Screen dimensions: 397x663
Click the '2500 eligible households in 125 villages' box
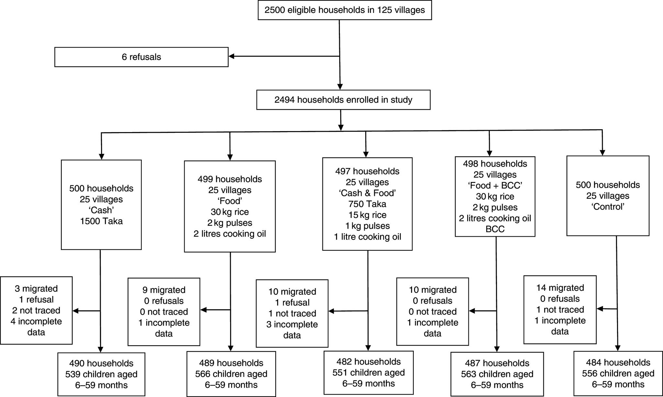[344, 10]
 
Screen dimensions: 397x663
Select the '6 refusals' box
[141, 57]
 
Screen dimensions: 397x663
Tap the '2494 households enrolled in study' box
[343, 100]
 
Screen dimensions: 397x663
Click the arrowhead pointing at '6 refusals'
[231, 56]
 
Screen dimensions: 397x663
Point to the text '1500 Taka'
[101, 221]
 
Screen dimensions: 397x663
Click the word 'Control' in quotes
[608, 207]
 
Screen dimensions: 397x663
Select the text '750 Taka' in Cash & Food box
[367, 204]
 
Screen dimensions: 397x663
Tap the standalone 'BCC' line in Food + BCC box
[495, 229]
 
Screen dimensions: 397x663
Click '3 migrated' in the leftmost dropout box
[36, 289]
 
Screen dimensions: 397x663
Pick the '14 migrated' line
[560, 288]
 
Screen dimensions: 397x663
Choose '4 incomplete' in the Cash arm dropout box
[36, 321]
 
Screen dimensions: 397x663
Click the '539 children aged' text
[101, 374]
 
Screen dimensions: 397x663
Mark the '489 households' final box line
[231, 363]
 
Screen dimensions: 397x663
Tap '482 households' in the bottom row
[368, 362]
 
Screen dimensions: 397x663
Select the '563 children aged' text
[497, 374]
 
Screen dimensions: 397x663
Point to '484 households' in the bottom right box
[618, 362]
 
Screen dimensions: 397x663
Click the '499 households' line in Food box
[230, 179]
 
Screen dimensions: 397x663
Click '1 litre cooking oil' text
[367, 237]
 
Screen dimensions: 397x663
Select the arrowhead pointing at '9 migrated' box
[203, 310]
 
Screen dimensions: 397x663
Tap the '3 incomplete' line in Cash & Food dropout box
[292, 324]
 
